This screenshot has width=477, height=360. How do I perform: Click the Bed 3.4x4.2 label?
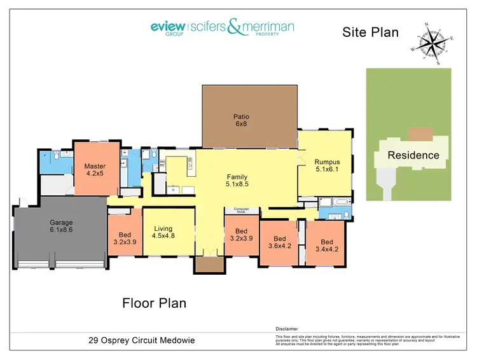[x=326, y=246]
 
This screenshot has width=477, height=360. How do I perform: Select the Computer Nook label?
[x=242, y=211]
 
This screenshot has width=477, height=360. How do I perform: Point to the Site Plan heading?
[x=371, y=32]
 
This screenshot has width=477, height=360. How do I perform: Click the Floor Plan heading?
[x=154, y=303]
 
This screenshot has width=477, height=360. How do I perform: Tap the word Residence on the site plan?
[x=413, y=155]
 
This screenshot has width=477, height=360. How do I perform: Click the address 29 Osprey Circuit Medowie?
[x=141, y=340]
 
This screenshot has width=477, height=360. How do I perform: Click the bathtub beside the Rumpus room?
[x=331, y=204]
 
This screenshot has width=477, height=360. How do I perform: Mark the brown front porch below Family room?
[x=209, y=266]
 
